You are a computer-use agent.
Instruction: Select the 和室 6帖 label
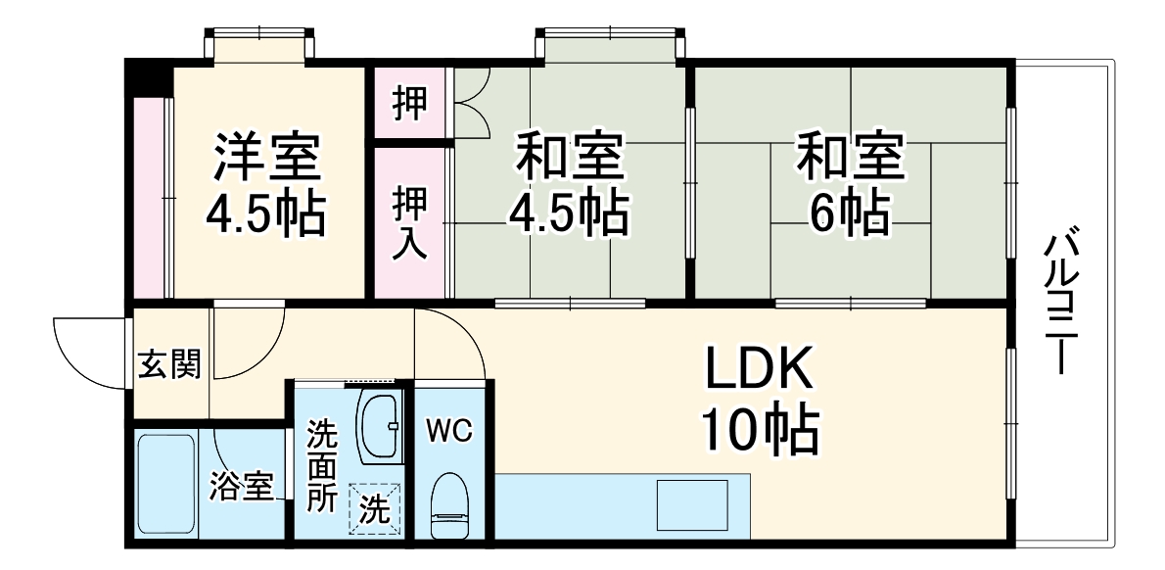851,183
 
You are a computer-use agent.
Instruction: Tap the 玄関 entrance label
170,365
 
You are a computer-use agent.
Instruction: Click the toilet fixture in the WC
450,504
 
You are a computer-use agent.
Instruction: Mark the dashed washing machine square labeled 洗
375,509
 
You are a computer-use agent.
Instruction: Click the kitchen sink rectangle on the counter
692,504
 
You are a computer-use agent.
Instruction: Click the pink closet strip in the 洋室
150,197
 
